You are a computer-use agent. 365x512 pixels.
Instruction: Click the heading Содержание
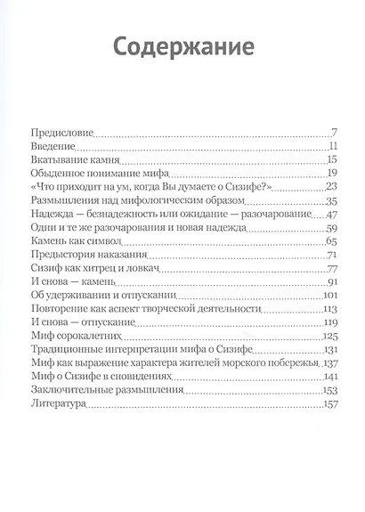(182, 45)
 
